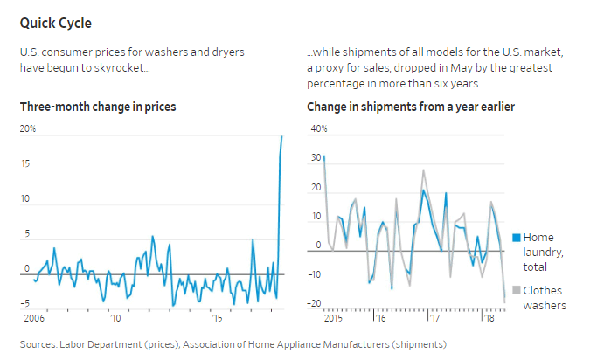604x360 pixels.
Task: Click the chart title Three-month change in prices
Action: coord(98,107)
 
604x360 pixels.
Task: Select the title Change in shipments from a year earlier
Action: coord(410,107)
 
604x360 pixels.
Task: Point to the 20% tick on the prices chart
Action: coord(28,129)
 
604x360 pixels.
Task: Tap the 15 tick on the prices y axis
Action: coord(26,164)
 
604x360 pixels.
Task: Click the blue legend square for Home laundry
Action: coord(516,238)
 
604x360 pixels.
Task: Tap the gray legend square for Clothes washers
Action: coord(516,290)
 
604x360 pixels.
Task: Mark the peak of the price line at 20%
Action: coord(281,136)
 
